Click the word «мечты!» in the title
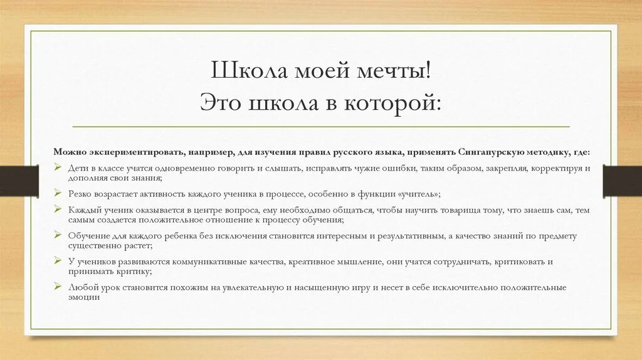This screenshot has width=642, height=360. coord(395,70)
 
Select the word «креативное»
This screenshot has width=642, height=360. coord(312,261)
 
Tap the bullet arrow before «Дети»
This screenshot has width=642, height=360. coord(56,168)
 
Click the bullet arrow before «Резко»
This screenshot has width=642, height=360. coord(56,194)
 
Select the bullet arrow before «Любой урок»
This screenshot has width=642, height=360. coord(56,287)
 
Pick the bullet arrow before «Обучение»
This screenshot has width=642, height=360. coord(56,235)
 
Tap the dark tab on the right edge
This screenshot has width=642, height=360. coord(622,181)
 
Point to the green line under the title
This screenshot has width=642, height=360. coord(321,126)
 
